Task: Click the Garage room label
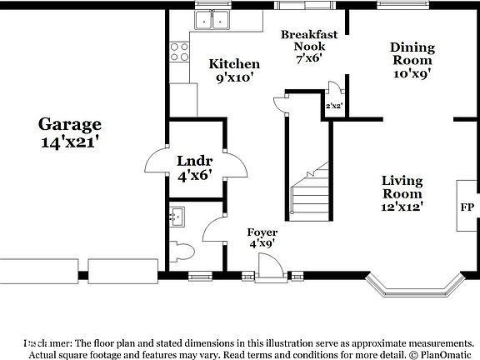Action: click(70, 132)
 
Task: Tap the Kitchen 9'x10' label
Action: click(234, 70)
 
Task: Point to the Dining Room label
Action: click(412, 60)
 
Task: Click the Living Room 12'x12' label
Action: click(402, 193)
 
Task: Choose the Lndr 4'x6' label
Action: click(194, 167)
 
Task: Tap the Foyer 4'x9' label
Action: click(262, 237)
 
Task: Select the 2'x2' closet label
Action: click(334, 106)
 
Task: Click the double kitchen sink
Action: click(212, 20)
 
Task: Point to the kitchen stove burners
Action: click(179, 52)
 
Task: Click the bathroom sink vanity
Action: click(177, 218)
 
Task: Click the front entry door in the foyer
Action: click(269, 268)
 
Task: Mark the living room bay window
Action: click(415, 287)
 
